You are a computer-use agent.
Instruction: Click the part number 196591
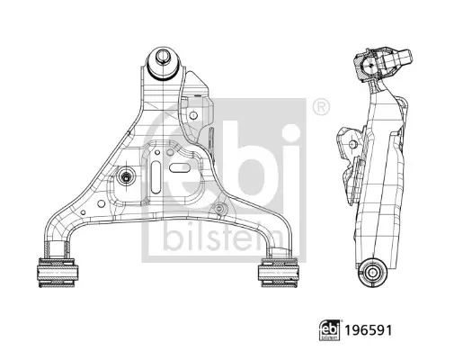pyautogui.click(x=369, y=330)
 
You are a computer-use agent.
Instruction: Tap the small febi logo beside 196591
pyautogui.click(x=330, y=330)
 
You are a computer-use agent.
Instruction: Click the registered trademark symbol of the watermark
pyautogui.click(x=321, y=106)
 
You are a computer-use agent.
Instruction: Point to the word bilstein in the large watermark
pyautogui.click(x=223, y=238)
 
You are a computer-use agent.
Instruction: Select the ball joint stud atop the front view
pyautogui.click(x=163, y=56)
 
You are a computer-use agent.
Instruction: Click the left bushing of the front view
pyautogui.click(x=57, y=273)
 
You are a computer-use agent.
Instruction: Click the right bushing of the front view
pyautogui.click(x=279, y=273)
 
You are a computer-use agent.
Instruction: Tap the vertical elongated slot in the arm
pyautogui.click(x=156, y=176)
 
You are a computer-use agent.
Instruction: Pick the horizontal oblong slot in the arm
pyautogui.click(x=180, y=167)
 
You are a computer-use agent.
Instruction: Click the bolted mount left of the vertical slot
pyautogui.click(x=125, y=177)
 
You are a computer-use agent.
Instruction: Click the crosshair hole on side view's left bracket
pyautogui.click(x=352, y=144)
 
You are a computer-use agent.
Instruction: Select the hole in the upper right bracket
pyautogui.click(x=193, y=115)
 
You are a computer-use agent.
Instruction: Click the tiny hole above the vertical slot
pyautogui.click(x=156, y=152)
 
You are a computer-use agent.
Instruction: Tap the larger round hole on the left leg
pyautogui.click(x=102, y=203)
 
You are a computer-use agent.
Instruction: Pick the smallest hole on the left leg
pyautogui.click(x=84, y=212)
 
